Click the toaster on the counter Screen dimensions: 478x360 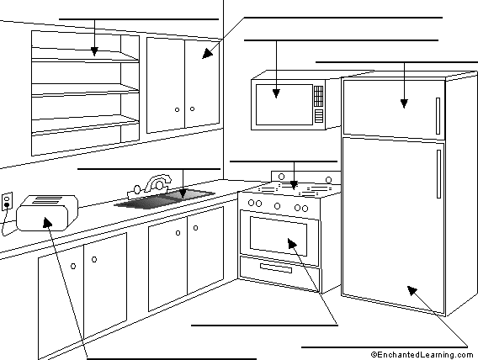coord(47,213)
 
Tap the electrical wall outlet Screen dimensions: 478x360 coord(7,201)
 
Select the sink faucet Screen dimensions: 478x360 coord(150,187)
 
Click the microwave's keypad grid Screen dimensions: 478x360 coord(319,96)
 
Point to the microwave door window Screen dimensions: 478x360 coord(284,104)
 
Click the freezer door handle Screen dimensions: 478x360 coord(438,116)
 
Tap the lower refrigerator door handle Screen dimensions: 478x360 coord(438,174)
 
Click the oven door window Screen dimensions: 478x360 coord(279,236)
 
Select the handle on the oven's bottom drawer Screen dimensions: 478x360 coord(276,268)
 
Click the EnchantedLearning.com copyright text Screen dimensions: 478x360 coord(422,355)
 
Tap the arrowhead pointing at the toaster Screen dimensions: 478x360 coord(47,222)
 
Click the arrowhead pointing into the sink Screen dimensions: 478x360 coord(183,193)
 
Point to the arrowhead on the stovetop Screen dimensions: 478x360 coord(294,185)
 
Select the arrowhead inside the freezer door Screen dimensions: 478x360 coord(404,103)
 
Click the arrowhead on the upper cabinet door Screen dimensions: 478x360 coord(207,53)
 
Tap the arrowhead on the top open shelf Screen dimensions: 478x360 coord(94,51)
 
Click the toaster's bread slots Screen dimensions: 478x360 coord(46,200)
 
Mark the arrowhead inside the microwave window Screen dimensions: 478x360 coord(276,93)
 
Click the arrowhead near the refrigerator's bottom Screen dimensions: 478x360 coord(412,290)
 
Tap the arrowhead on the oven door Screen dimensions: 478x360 coord(292,243)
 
